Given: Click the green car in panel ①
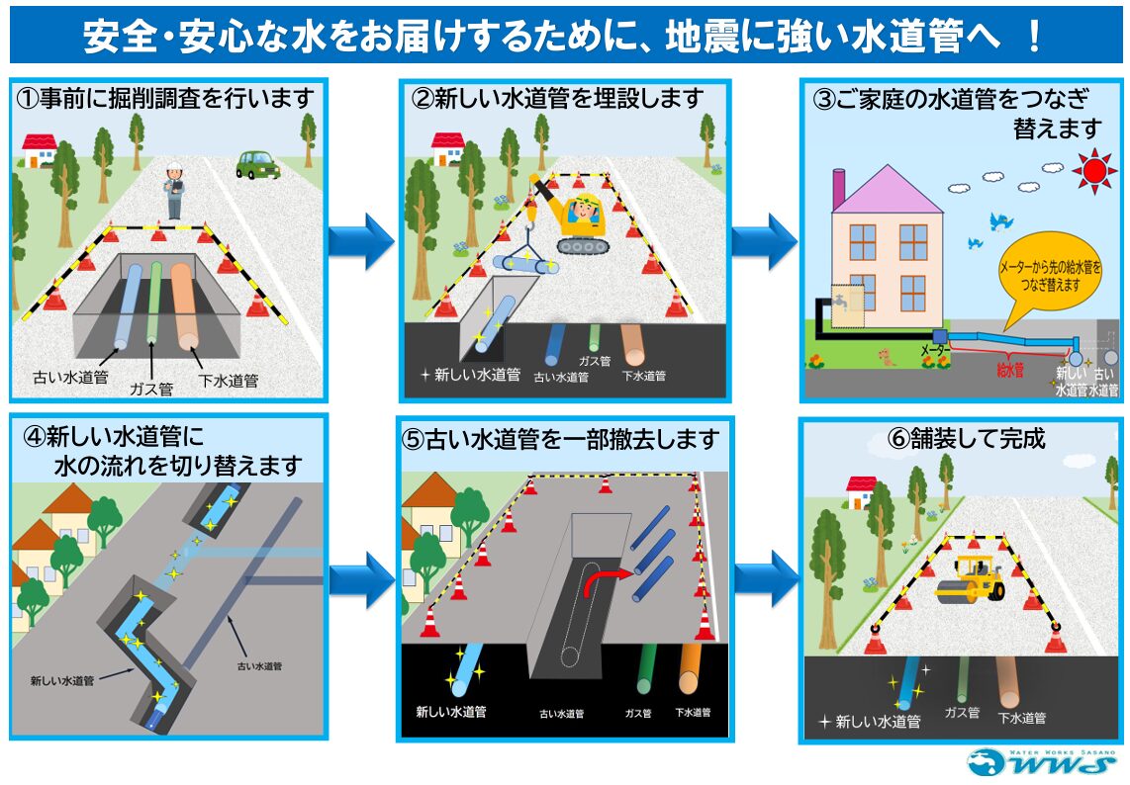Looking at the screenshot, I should [x=257, y=164].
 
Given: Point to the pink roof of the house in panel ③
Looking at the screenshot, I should [x=887, y=190].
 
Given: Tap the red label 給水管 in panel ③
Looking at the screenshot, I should [x=1010, y=371].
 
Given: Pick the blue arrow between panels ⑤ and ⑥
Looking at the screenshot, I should [x=766, y=578].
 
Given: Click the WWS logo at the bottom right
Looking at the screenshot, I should [x=1041, y=762].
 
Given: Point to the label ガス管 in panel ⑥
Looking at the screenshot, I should [x=962, y=712].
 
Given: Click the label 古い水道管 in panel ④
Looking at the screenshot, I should [x=261, y=666].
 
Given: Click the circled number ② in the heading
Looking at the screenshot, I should [x=423, y=99].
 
